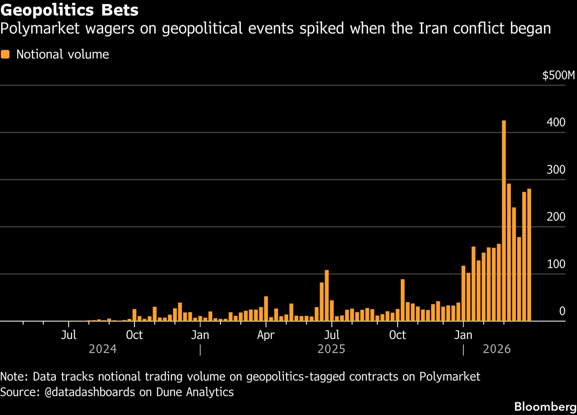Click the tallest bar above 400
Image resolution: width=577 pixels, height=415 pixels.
click(x=504, y=221)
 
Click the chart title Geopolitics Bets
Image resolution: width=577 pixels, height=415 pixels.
click(x=70, y=10)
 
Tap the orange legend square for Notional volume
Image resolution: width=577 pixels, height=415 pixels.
click(x=5, y=54)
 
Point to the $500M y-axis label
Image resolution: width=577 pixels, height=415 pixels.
click(x=558, y=75)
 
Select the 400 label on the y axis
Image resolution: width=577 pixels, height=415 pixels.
click(x=556, y=122)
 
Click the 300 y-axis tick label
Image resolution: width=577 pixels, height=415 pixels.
click(x=556, y=170)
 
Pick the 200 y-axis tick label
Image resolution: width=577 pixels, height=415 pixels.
click(x=556, y=217)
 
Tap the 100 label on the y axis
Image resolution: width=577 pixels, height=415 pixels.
click(x=556, y=264)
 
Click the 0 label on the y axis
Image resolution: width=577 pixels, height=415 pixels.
click(x=562, y=311)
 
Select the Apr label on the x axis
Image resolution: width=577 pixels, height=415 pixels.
click(x=266, y=335)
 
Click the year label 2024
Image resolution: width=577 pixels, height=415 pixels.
click(x=103, y=349)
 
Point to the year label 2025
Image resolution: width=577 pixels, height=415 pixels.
click(x=331, y=349)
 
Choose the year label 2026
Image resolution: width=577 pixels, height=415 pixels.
click(x=497, y=349)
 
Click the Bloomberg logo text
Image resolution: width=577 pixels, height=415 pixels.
click(x=545, y=407)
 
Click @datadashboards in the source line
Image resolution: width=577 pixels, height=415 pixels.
click(x=90, y=392)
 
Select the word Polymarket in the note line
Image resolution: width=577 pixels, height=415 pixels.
click(x=449, y=377)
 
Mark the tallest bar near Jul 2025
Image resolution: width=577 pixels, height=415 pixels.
click(x=327, y=295)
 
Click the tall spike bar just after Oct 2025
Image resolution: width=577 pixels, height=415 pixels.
click(x=402, y=300)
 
